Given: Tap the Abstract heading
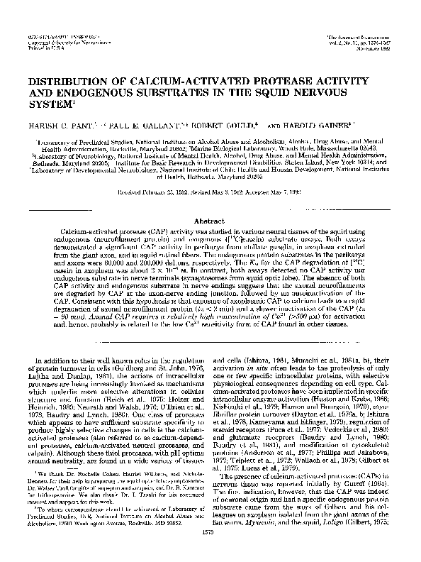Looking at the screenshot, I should click(x=210, y=201).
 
